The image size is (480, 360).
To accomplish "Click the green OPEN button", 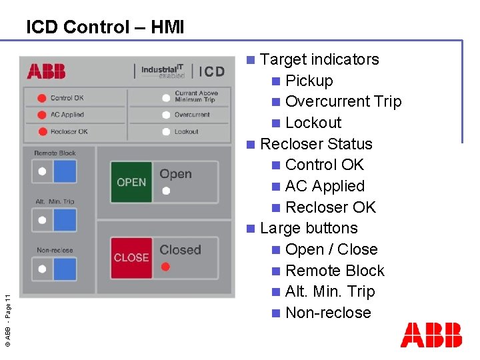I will [x=131, y=182].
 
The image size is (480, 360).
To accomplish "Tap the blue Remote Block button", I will [x=65, y=171].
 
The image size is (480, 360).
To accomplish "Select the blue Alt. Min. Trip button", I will [x=65, y=220].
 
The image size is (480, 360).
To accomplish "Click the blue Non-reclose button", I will [x=65, y=269].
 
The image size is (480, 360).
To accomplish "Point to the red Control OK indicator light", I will [x=41, y=98].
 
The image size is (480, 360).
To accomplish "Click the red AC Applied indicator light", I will [x=41, y=115].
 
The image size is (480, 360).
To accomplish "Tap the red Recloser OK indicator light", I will [x=41, y=131].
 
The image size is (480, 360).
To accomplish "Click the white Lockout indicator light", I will [x=166, y=131].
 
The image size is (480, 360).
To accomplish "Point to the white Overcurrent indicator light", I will [x=166, y=115].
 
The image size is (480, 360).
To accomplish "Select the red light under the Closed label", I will [x=166, y=267].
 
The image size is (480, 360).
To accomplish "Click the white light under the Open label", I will [x=166, y=191].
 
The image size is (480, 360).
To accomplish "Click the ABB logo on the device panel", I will [x=46, y=71].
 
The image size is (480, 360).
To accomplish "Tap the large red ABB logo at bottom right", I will [x=431, y=335].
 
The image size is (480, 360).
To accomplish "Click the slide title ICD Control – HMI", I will [x=105, y=27].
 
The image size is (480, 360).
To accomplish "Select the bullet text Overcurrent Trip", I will [x=343, y=101].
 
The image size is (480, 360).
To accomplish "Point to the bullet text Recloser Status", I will [x=316, y=144].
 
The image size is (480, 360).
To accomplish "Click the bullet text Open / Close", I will [x=331, y=249].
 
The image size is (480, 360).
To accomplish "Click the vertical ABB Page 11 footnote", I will [x=7, y=311].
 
